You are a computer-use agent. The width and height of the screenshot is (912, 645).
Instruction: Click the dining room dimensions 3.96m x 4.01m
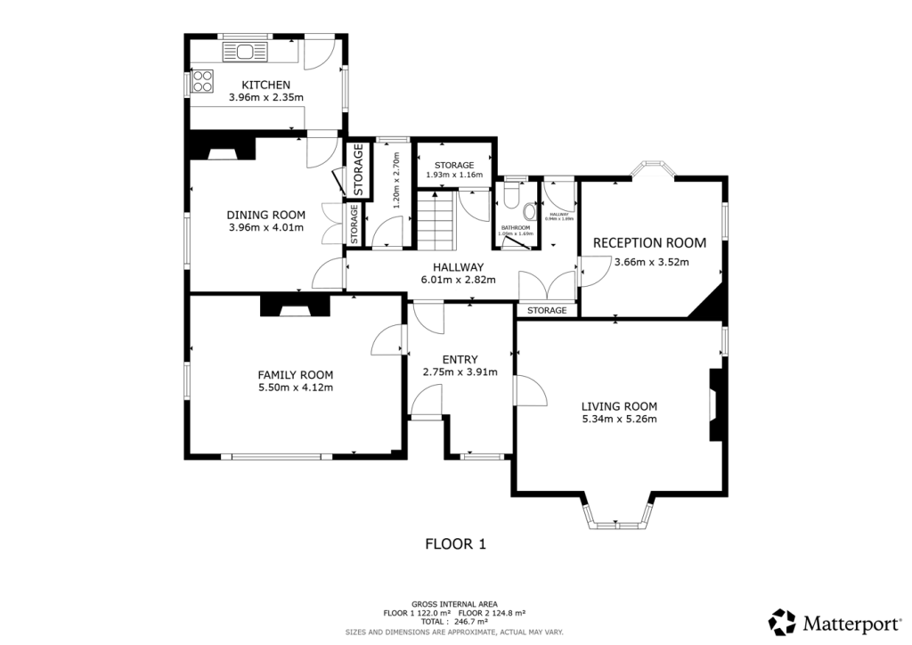point(265,227)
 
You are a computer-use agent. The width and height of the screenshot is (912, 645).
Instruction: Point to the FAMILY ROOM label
point(296,374)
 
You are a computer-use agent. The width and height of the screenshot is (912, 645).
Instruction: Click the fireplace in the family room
point(295,306)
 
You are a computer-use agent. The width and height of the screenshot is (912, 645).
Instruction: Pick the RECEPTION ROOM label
point(649,242)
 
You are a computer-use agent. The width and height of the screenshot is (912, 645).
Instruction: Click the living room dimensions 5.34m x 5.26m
point(619,420)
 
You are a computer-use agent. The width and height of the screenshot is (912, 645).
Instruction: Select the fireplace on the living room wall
point(716,405)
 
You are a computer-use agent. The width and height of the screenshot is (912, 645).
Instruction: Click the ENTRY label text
point(460,359)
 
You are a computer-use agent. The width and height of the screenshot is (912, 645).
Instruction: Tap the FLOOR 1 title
point(455,543)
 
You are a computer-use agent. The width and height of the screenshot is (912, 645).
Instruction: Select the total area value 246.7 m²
point(471,622)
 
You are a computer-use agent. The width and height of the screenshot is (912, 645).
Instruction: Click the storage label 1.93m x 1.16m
point(454,175)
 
